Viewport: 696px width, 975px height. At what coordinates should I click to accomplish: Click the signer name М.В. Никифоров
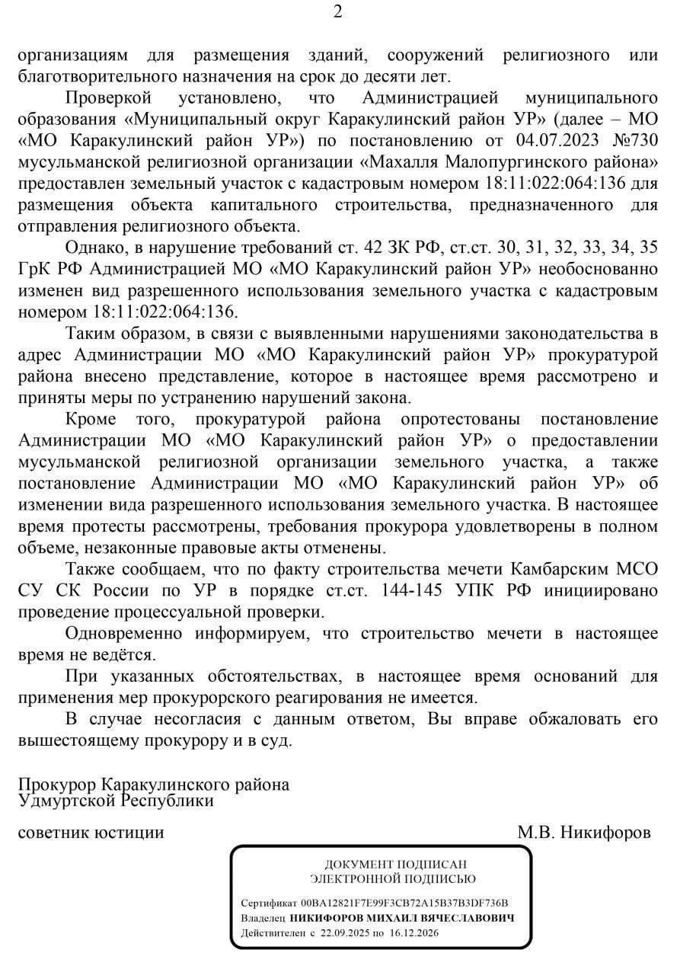[x=584, y=833]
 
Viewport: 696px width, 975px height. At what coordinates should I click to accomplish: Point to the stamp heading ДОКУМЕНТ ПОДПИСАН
[x=380, y=865]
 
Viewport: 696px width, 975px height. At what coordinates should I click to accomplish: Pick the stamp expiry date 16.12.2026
[x=413, y=932]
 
